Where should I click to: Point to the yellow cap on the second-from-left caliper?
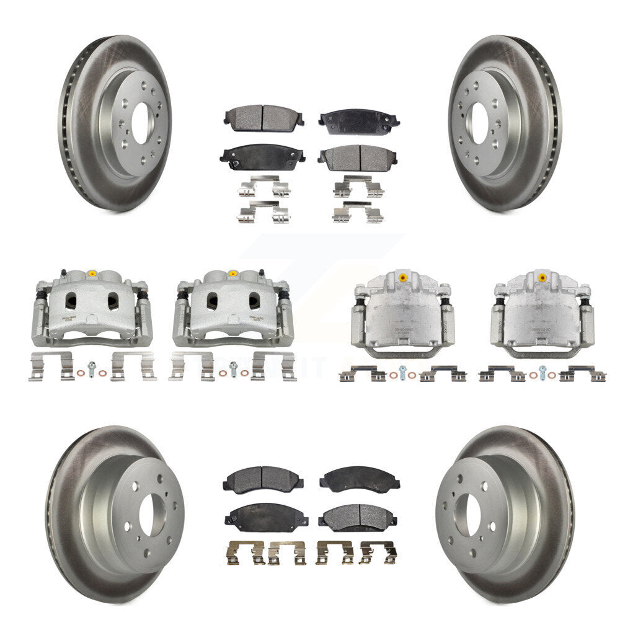point(232,273)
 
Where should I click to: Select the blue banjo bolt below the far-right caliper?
point(542,371)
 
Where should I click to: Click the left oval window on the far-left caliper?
point(71,301)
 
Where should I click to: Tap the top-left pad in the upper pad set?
point(264,115)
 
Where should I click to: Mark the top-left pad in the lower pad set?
point(263,478)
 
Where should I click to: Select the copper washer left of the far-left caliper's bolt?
point(81,373)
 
